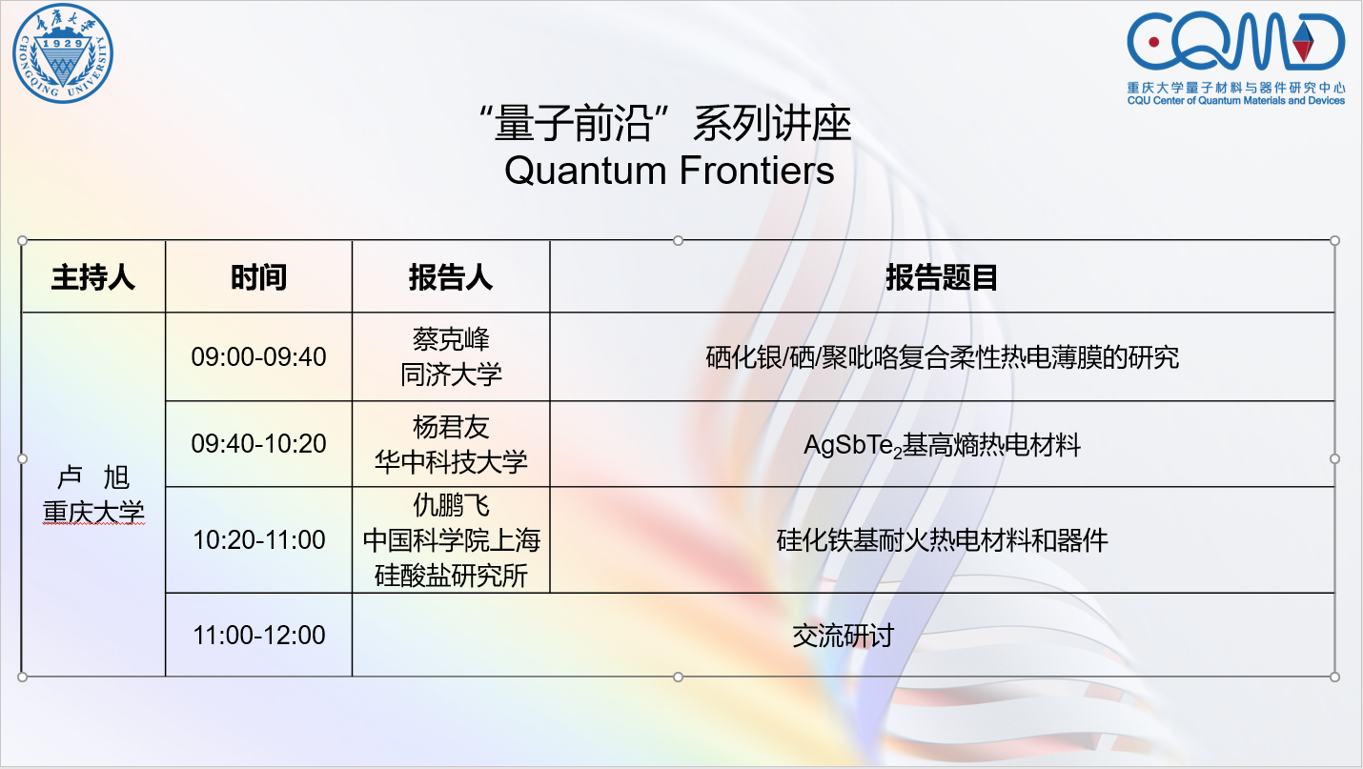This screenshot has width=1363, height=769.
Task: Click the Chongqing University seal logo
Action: [x=63, y=53]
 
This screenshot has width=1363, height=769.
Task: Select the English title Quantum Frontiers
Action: [x=669, y=171]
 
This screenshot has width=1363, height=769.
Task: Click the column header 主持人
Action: [x=93, y=277]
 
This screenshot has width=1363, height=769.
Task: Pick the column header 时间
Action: [x=258, y=277]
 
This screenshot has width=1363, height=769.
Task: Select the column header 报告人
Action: [x=450, y=277]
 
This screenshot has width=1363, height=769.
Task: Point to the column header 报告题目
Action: [x=942, y=277]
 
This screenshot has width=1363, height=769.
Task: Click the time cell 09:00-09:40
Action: [x=258, y=356]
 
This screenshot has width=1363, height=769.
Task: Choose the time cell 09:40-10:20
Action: [x=258, y=443]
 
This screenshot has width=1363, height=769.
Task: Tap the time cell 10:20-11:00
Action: [x=258, y=539]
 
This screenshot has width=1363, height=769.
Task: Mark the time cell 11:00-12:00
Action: [x=258, y=636]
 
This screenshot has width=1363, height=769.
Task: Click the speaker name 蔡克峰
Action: [x=451, y=339]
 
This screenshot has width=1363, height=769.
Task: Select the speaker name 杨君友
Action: [x=451, y=427]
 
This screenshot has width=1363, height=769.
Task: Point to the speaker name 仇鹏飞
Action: [x=451, y=505]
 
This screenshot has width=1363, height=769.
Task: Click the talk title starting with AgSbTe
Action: [x=942, y=445]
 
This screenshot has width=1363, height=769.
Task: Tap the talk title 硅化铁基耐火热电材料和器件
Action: [x=942, y=540]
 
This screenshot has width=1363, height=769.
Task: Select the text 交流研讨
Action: [x=843, y=636]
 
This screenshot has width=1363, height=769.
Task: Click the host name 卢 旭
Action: [x=93, y=477]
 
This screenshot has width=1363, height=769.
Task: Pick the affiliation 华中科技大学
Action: [x=451, y=462]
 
